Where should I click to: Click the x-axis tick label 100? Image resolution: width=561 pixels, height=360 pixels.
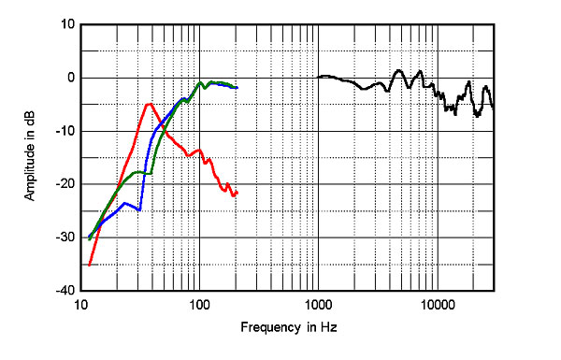[198, 305]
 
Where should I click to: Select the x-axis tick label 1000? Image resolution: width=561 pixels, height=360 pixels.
[318, 305]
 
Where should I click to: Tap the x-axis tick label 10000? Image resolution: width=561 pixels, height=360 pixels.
[436, 305]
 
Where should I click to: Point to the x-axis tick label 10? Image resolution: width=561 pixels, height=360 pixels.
[81, 305]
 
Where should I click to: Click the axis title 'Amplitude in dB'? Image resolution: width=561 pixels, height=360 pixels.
[30, 157]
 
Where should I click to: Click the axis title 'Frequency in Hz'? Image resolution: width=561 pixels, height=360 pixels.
[287, 328]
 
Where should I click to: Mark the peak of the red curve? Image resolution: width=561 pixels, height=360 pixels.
[149, 104]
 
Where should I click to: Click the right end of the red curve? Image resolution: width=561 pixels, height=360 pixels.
[237, 193]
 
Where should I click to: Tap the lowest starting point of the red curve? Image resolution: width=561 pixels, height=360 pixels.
[89, 266]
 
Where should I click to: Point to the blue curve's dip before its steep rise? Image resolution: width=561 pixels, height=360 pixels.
[138, 209]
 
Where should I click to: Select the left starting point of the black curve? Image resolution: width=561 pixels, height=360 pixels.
[318, 77]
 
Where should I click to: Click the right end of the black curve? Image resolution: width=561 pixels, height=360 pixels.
[493, 108]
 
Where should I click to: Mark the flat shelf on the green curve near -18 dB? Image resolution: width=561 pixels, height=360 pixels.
[143, 173]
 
